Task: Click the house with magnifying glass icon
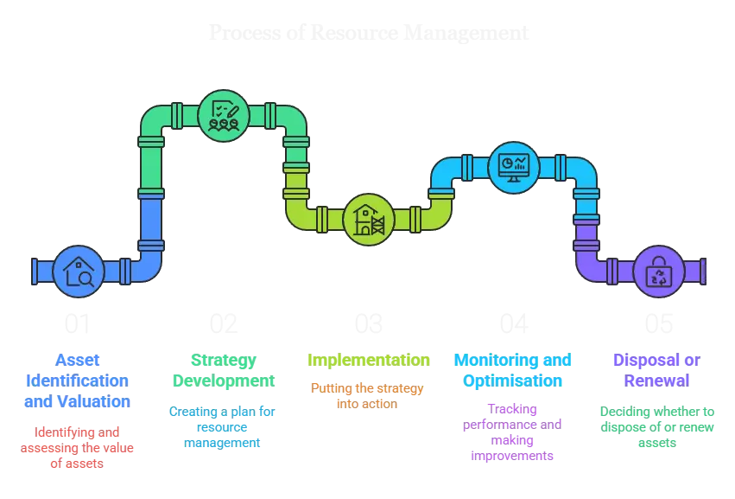tap(79, 271)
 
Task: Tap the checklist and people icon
tap(223, 115)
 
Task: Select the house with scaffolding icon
tap(368, 220)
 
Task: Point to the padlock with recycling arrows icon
tap(658, 272)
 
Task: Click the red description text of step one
tap(79, 446)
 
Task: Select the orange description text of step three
tap(368, 395)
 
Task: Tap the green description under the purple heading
tap(658, 426)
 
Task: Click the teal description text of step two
tap(224, 426)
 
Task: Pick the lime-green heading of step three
tap(368, 360)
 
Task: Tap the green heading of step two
tap(224, 369)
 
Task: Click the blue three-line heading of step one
tap(79, 380)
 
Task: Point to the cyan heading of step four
tap(513, 369)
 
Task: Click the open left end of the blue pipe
tap(32, 271)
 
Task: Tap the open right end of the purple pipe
tap(702, 271)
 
